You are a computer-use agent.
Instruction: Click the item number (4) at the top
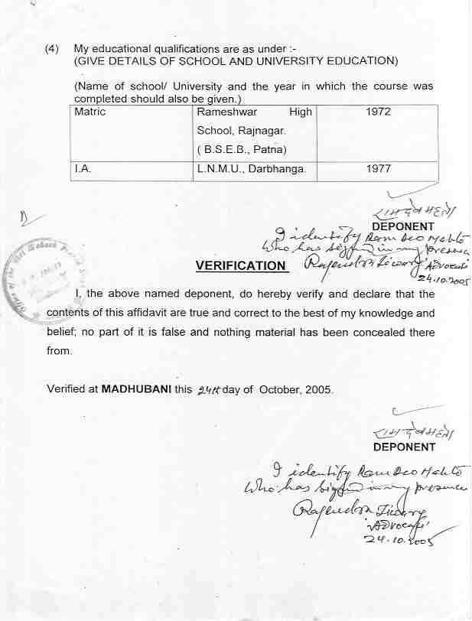pos(52,48)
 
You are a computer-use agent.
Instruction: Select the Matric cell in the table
pos(90,112)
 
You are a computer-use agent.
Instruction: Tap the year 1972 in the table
pos(378,112)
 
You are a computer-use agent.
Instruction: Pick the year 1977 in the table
pos(378,170)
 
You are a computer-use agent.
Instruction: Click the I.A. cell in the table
pos(83,170)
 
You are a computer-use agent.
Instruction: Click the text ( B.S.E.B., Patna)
pos(237,149)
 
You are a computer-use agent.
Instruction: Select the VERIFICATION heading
pos(240,266)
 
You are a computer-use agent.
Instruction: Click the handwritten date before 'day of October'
pos(208,389)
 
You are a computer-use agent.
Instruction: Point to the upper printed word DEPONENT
pos(402,226)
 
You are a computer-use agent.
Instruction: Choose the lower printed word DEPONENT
pos(404,447)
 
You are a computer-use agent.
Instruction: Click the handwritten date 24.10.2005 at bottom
pos(402,540)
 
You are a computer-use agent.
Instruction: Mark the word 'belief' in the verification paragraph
pos(62,332)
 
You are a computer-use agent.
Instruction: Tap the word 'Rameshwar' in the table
pos(227,112)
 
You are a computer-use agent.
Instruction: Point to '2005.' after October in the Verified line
pos(319,389)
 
